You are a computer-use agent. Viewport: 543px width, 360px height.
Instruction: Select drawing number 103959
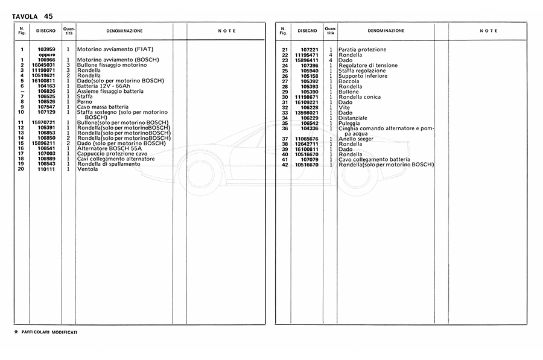(46, 49)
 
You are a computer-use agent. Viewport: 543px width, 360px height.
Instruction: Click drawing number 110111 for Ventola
(46, 169)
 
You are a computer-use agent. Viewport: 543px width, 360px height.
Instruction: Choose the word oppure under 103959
(47, 55)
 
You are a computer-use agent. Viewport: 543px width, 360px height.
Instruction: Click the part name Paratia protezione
(362, 49)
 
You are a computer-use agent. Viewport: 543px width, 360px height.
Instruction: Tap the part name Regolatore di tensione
(369, 65)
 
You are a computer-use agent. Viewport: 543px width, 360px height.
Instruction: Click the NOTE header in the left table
(227, 31)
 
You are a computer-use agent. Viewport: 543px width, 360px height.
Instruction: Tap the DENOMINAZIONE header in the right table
(386, 31)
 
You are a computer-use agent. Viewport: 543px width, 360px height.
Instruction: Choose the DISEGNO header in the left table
(46, 30)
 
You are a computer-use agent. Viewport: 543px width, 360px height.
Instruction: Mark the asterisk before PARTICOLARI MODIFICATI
(16, 332)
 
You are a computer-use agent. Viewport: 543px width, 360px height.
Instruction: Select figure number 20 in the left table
(21, 169)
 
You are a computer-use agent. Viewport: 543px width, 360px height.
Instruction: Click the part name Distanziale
(354, 118)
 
